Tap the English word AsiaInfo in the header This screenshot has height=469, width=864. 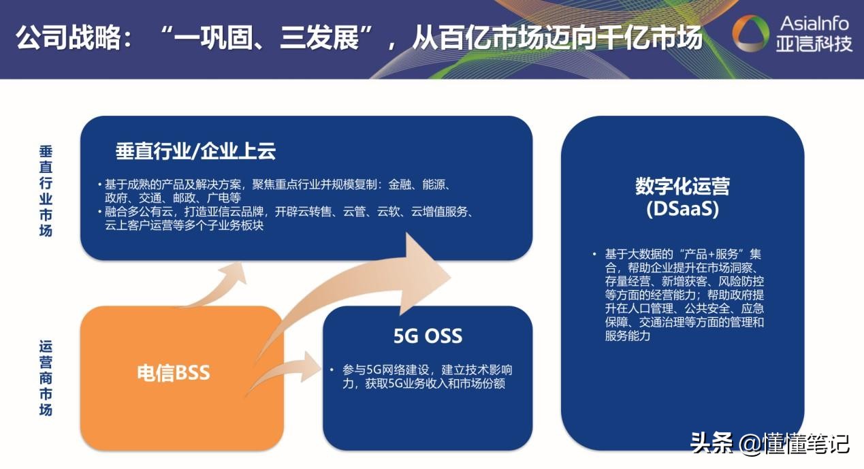tap(814, 23)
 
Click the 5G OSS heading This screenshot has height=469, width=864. tap(428, 336)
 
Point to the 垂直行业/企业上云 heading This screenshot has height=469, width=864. tap(195, 152)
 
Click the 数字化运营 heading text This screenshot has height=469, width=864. tap(682, 187)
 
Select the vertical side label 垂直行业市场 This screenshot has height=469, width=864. tap(46, 191)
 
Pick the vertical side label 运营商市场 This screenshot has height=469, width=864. tap(46, 377)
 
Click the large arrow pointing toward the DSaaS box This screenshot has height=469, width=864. tap(381, 286)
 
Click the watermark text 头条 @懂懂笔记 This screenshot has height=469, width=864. tap(770, 443)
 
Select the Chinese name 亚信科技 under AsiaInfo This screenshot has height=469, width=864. tap(814, 44)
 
